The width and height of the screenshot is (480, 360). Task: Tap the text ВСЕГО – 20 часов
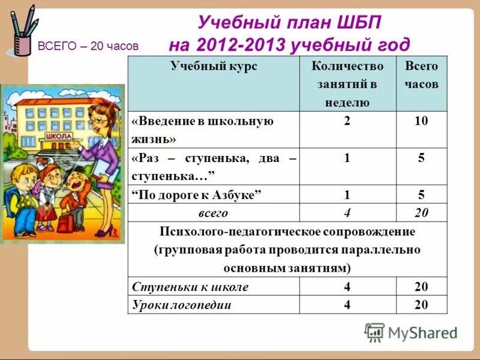88,46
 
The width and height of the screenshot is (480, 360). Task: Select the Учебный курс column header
214,67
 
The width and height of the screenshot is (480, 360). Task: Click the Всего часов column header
421,75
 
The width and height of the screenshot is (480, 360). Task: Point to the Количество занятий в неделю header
347,84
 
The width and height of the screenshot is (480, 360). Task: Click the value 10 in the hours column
421,121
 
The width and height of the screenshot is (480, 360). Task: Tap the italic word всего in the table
214,213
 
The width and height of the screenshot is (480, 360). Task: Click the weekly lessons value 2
347,121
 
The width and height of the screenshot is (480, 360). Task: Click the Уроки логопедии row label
181,305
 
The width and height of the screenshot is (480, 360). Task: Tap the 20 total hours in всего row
421,213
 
